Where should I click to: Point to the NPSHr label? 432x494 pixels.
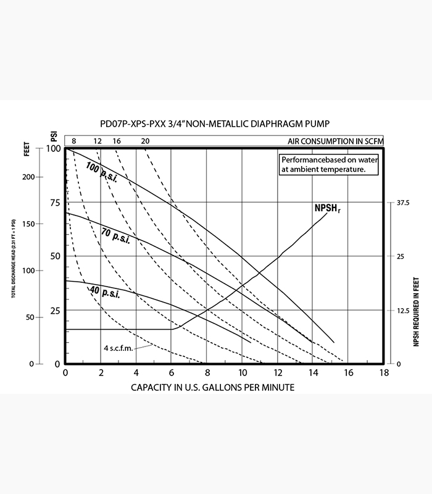pos(327,209)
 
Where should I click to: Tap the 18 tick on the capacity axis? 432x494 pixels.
pos(384,373)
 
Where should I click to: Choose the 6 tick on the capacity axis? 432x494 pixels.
pos(172,373)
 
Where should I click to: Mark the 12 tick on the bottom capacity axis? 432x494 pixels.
pos(278,373)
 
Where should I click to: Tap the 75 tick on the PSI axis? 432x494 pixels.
pos(55,203)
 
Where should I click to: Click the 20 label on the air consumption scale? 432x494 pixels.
pos(145,141)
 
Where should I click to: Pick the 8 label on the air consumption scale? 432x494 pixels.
pos(73,141)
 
